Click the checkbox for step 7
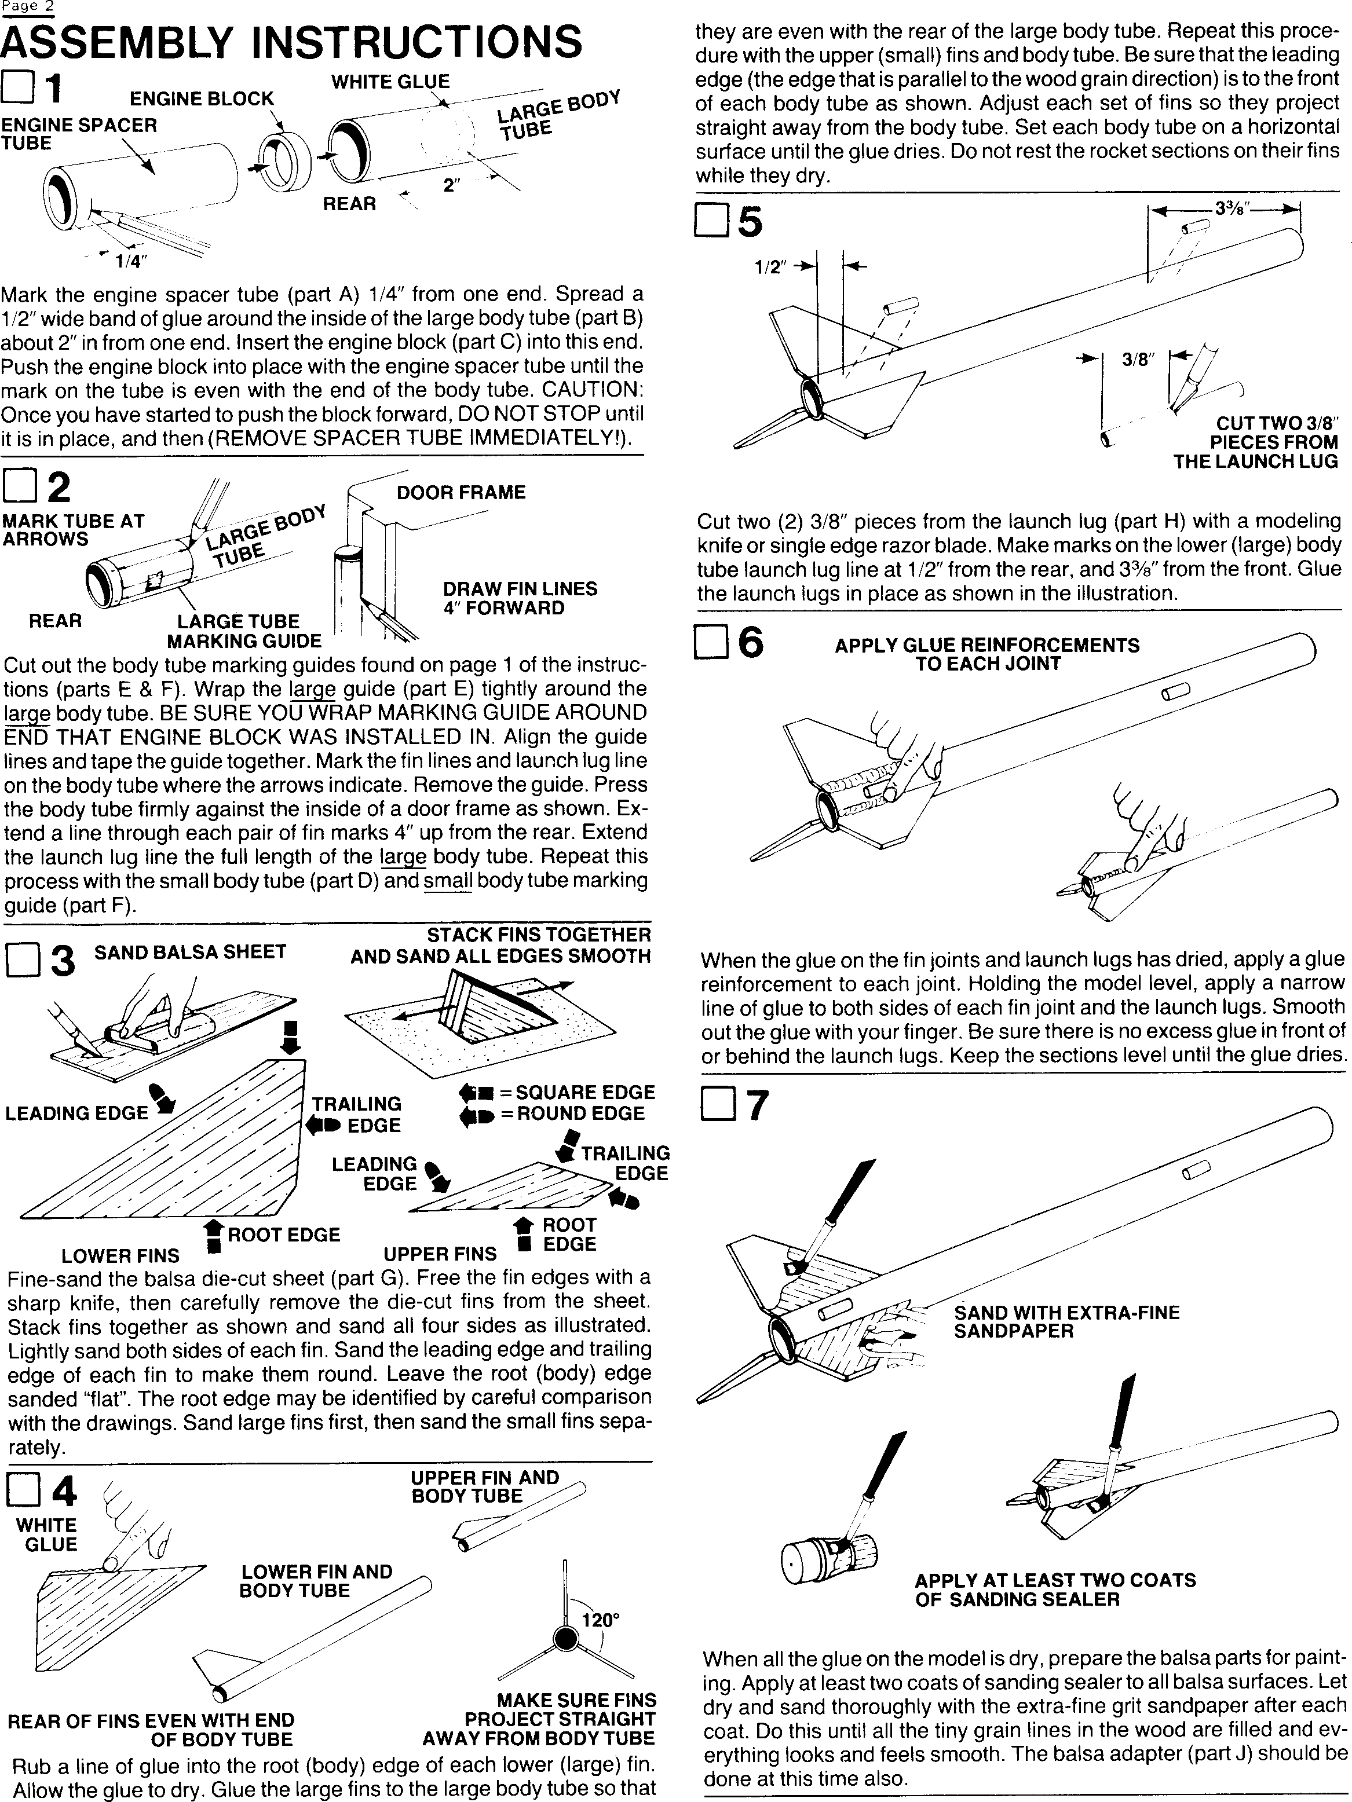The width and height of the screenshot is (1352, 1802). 717,1105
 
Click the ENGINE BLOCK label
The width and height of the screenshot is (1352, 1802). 202,98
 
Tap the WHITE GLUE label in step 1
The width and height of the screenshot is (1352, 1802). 390,82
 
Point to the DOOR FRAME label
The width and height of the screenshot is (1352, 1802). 461,492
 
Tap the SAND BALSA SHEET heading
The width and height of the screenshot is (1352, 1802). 190,951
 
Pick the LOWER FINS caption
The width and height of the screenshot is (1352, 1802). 120,1255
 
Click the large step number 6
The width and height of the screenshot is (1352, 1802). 751,642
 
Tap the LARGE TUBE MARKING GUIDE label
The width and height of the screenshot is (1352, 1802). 244,631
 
